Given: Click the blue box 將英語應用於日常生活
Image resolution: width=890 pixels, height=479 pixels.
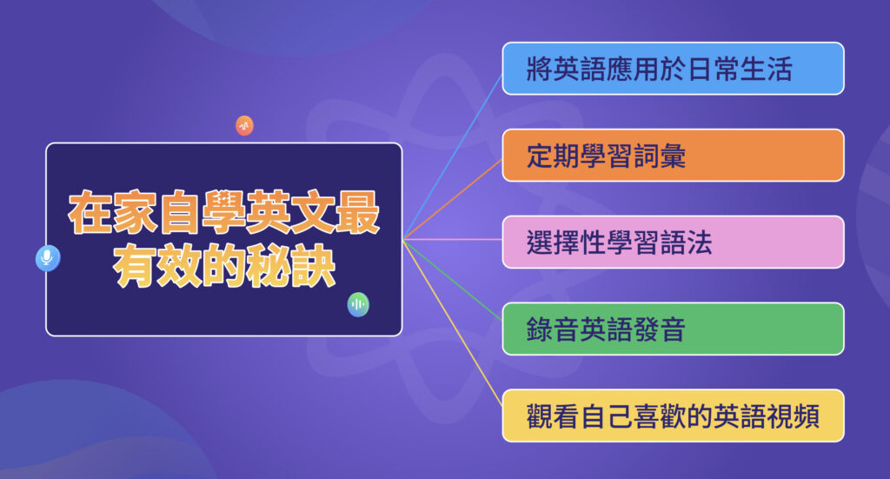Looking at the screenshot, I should point(673,69).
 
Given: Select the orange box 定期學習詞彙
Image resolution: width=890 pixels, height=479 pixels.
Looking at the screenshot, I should point(673,156).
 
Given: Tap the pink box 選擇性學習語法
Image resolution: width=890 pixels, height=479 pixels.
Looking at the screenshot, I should point(673,243).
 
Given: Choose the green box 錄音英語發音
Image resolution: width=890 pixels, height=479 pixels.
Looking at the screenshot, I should point(673,329).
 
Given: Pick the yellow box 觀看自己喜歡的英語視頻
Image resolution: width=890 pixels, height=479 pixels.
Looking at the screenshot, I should point(673,416).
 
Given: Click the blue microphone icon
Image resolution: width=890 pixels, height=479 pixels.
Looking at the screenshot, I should point(48,258).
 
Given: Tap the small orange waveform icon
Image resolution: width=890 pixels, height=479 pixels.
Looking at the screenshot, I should point(244,126).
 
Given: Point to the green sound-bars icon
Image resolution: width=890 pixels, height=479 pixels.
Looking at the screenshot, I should point(358,304).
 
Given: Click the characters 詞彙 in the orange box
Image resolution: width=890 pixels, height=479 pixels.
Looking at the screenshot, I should point(664,156).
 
